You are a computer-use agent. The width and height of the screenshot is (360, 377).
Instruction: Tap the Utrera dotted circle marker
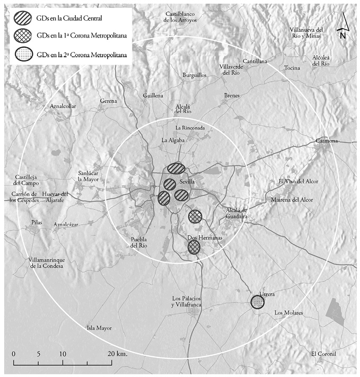point(258,302)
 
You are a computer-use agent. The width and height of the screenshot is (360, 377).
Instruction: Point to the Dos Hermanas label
point(204,238)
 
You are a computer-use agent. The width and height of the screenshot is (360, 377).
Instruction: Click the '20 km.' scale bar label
point(117,354)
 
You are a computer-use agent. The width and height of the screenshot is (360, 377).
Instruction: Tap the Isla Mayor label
point(99,328)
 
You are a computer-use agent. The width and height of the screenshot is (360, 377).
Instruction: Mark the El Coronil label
point(324,354)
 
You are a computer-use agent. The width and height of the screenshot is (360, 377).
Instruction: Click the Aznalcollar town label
point(63,106)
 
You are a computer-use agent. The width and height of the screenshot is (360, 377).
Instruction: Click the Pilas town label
point(37,222)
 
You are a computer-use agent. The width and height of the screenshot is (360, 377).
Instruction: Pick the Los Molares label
point(288,313)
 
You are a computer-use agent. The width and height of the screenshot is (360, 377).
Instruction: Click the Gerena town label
point(109,101)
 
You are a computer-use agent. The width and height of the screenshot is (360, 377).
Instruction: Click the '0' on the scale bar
point(13,354)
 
